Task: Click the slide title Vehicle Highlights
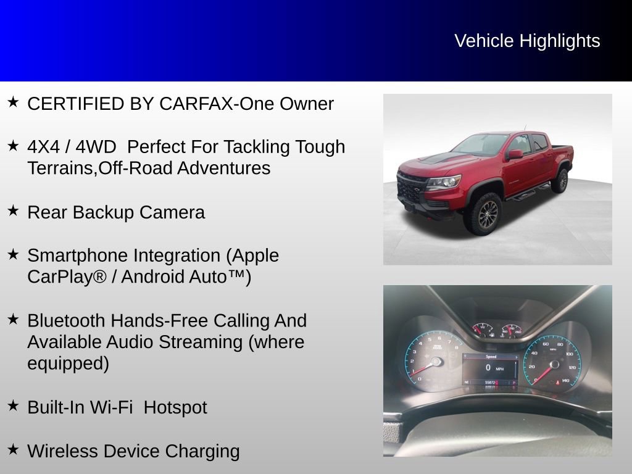click(527, 41)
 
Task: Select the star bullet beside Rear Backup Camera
click(13, 210)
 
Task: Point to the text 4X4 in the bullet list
click(42, 147)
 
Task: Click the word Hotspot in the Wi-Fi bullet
click(175, 407)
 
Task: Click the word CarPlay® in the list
click(67, 276)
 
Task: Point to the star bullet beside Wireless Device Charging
click(13, 449)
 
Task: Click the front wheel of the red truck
click(483, 213)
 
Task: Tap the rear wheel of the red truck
click(560, 180)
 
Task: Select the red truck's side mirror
click(515, 154)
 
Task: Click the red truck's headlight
click(444, 181)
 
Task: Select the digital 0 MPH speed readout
click(491, 368)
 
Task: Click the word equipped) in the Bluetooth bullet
click(68, 364)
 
